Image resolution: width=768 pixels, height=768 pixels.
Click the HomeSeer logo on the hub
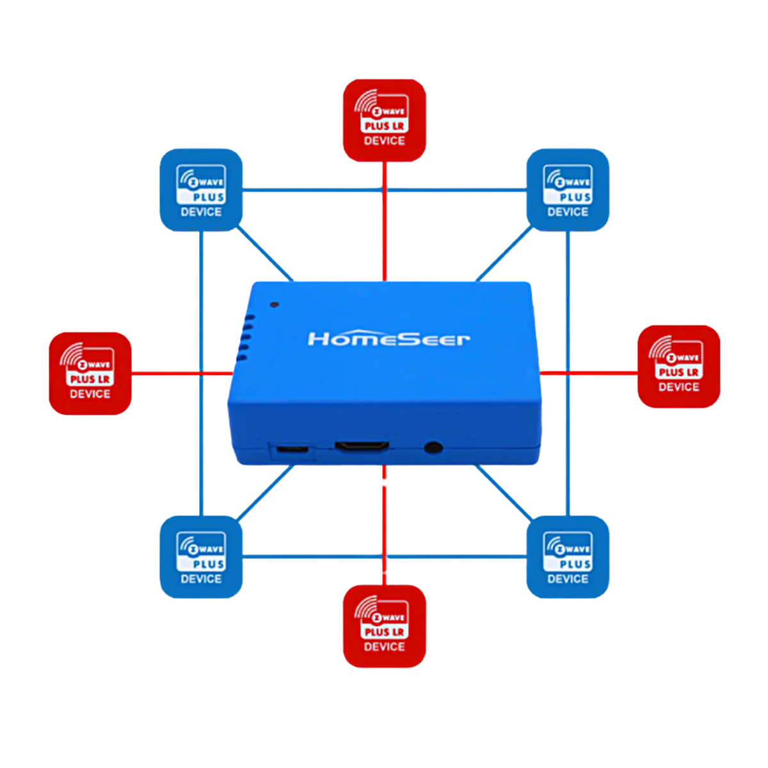click(x=388, y=339)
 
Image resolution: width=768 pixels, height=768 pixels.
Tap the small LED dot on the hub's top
click(x=274, y=305)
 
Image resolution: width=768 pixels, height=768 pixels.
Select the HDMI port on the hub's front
click(x=362, y=446)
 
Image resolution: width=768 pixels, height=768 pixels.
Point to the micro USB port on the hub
click(x=292, y=449)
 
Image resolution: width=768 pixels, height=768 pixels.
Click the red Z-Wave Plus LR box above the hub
click(x=384, y=120)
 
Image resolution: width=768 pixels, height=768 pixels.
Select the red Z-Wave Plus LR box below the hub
click(x=384, y=626)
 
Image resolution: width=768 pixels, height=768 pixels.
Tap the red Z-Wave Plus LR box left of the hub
click(x=90, y=373)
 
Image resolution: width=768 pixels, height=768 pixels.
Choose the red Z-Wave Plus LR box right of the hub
click(x=678, y=366)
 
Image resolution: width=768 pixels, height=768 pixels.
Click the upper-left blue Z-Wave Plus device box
click(x=201, y=190)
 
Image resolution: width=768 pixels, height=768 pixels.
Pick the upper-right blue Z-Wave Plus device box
click(x=568, y=190)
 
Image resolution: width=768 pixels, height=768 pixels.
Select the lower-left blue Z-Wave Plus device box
click(x=201, y=557)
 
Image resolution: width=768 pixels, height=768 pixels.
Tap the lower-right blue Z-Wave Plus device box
click(x=568, y=557)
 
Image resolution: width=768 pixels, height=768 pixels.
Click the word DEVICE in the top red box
click(x=384, y=141)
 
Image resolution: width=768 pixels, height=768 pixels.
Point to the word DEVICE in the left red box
click(x=90, y=394)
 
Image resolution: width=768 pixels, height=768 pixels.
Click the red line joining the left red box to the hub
click(x=182, y=373)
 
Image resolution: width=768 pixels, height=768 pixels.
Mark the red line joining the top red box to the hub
click(x=384, y=221)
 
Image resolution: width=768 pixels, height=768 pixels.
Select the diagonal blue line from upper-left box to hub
click(x=265, y=254)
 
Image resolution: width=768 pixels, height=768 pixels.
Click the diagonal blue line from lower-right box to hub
click(x=504, y=493)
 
